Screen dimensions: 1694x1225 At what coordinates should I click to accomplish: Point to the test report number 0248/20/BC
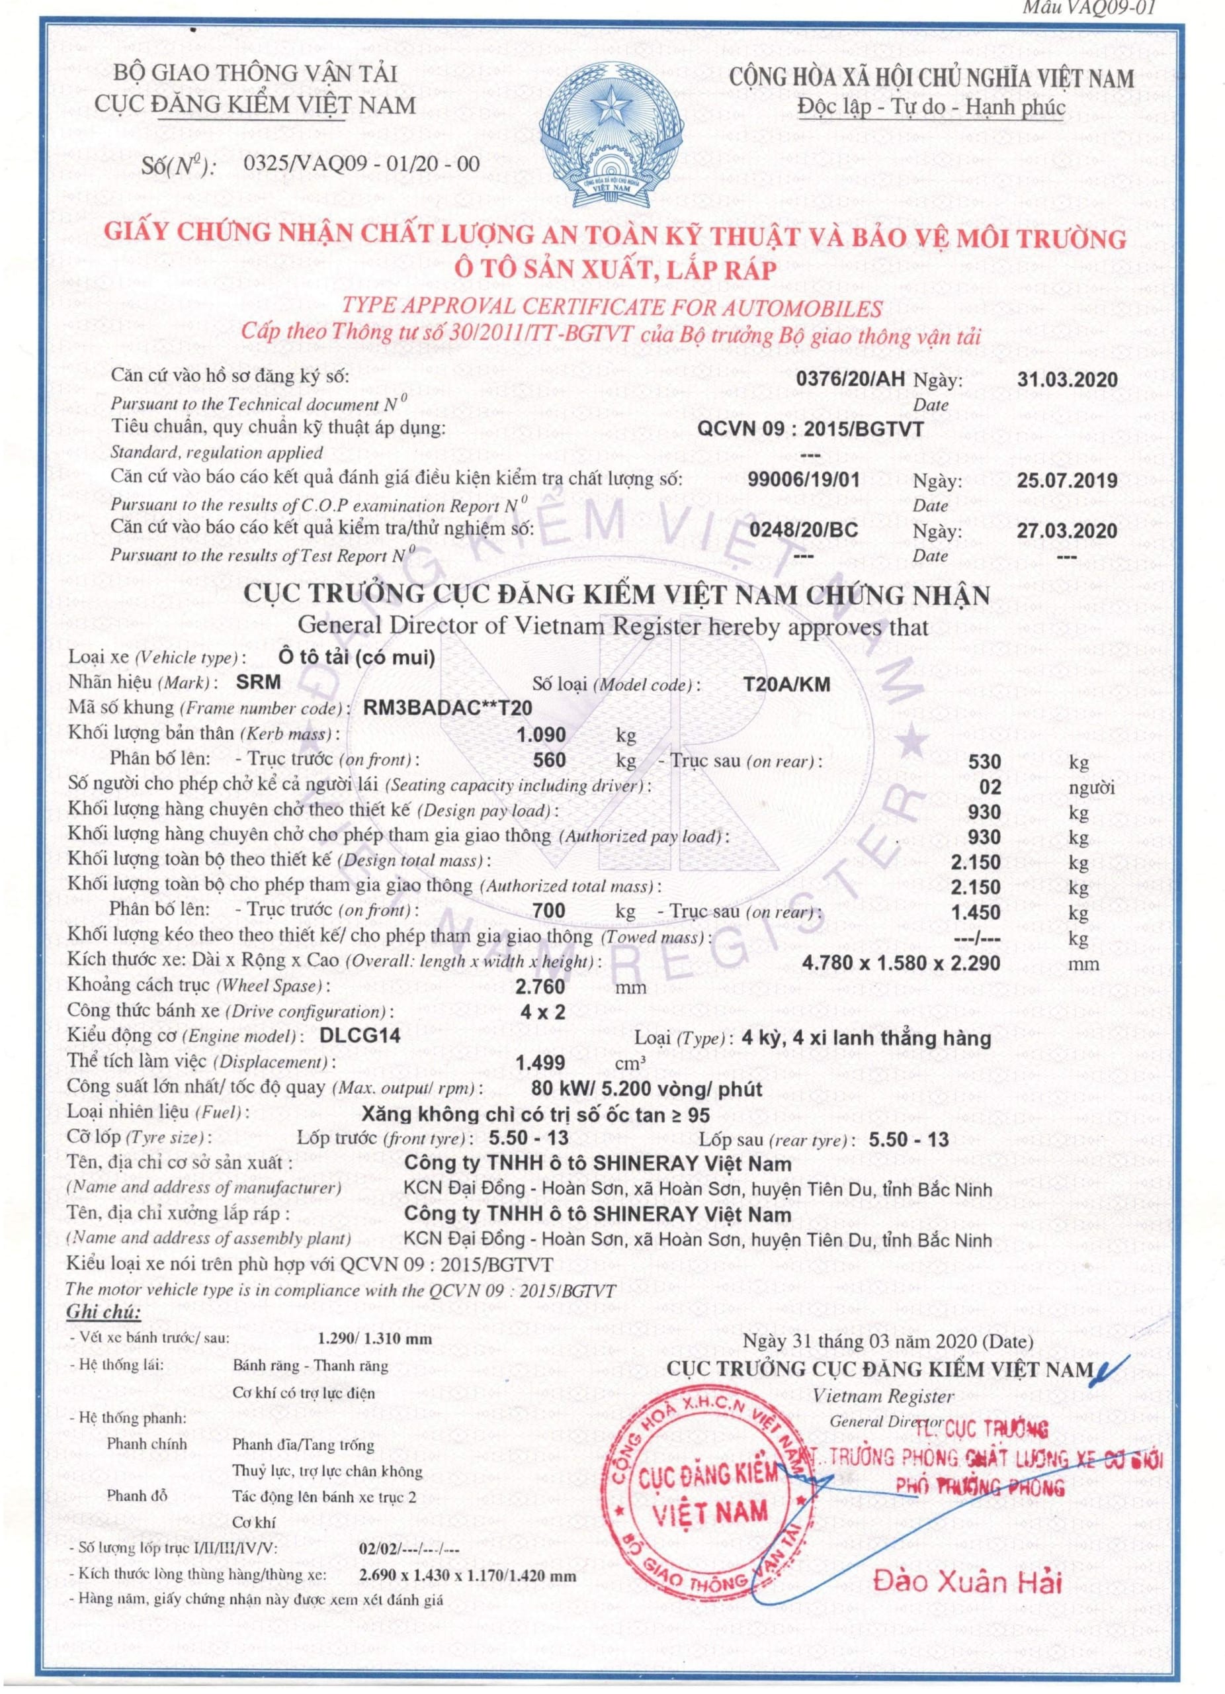(x=803, y=529)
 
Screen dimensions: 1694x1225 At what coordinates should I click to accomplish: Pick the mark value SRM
(x=258, y=681)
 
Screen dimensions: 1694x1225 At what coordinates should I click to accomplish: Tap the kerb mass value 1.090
(x=541, y=735)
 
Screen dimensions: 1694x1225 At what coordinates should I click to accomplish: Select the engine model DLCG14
(x=359, y=1035)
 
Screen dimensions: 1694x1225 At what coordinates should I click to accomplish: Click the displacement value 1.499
(x=540, y=1061)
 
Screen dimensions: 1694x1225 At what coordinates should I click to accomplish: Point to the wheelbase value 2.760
(x=540, y=987)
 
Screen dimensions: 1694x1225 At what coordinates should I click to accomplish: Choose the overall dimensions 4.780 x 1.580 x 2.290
(x=901, y=963)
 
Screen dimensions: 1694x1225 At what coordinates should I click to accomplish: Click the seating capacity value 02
(x=991, y=787)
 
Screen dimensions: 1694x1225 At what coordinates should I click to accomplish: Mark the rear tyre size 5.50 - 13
(x=908, y=1138)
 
